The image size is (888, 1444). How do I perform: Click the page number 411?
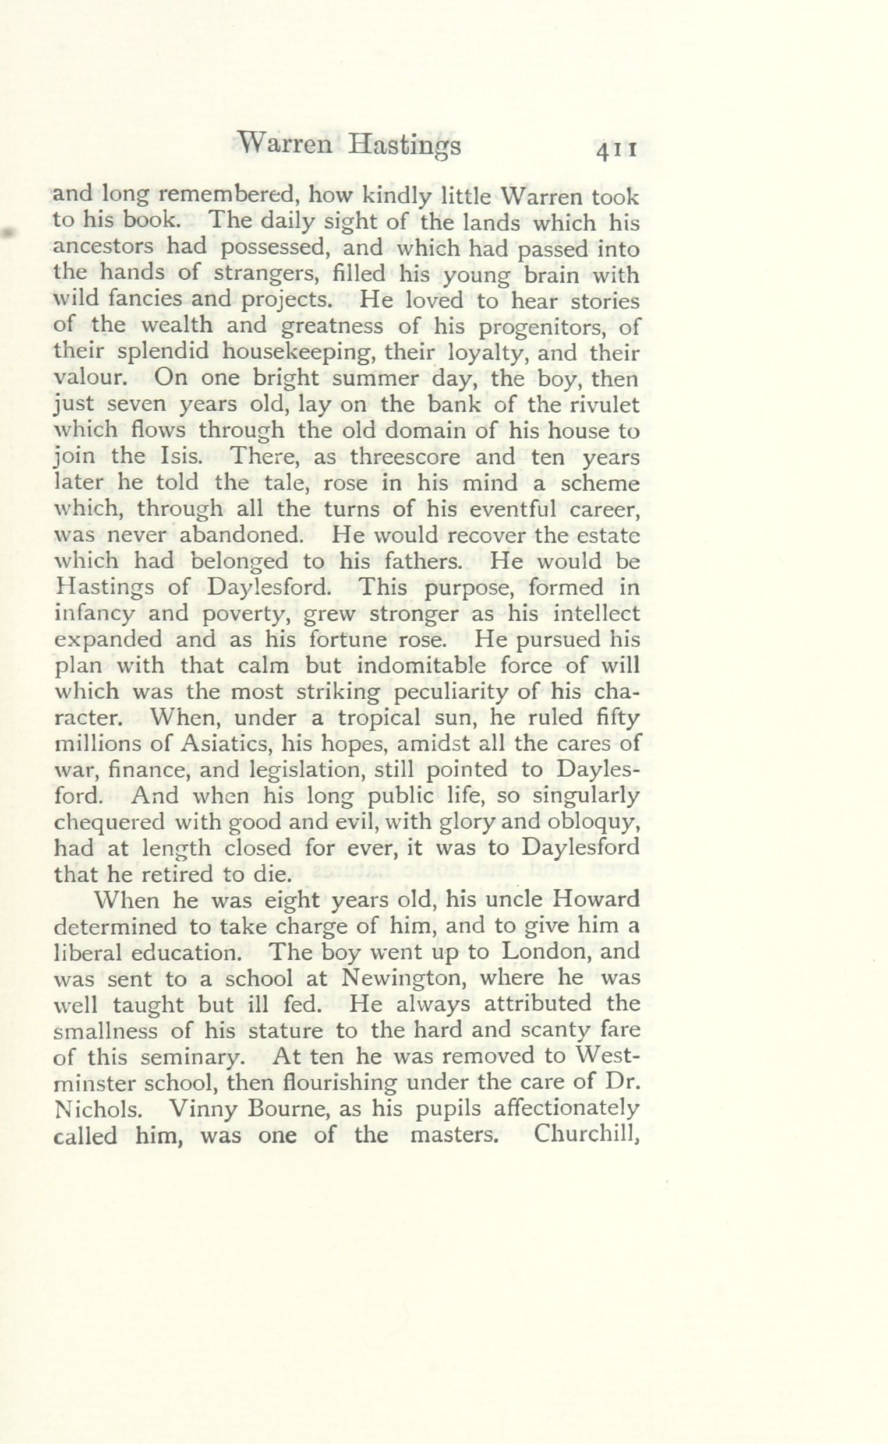pos(616,150)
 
